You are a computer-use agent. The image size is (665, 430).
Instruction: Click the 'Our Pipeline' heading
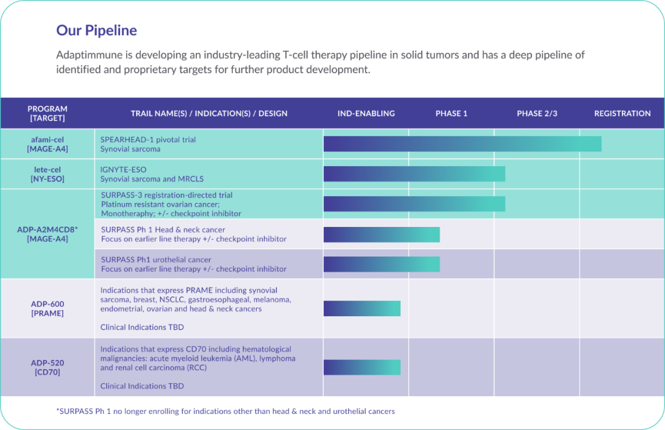(x=97, y=30)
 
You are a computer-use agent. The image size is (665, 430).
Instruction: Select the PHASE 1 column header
(x=451, y=113)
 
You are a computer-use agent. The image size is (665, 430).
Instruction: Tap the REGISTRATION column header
(x=622, y=113)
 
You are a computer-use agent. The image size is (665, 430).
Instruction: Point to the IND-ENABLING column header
(x=366, y=113)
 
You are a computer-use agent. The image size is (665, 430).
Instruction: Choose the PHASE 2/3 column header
(x=537, y=113)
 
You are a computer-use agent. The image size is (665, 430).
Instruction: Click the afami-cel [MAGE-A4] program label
(x=47, y=144)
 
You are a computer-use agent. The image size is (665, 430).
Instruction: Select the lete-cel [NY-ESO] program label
(x=47, y=174)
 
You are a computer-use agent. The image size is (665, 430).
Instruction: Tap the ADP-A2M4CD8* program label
(x=47, y=234)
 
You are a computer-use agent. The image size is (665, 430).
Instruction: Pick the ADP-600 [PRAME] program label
(x=47, y=308)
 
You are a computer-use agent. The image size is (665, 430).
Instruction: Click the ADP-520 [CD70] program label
(x=47, y=367)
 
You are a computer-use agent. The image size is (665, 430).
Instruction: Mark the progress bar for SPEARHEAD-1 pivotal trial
(x=462, y=144)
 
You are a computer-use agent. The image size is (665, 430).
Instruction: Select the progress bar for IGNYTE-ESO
(x=414, y=174)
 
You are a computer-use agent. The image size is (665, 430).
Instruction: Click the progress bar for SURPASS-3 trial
(x=414, y=204)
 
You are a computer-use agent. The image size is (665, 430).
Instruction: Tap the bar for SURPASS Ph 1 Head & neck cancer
(x=381, y=234)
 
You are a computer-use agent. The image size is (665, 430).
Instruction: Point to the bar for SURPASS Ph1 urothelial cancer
(x=381, y=264)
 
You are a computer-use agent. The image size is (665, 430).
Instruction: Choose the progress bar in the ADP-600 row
(x=361, y=308)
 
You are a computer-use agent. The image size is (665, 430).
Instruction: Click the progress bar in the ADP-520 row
(x=361, y=367)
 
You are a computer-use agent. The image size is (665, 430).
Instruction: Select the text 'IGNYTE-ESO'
(x=123, y=169)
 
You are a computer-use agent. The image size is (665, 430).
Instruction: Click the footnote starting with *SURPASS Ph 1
(x=225, y=411)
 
